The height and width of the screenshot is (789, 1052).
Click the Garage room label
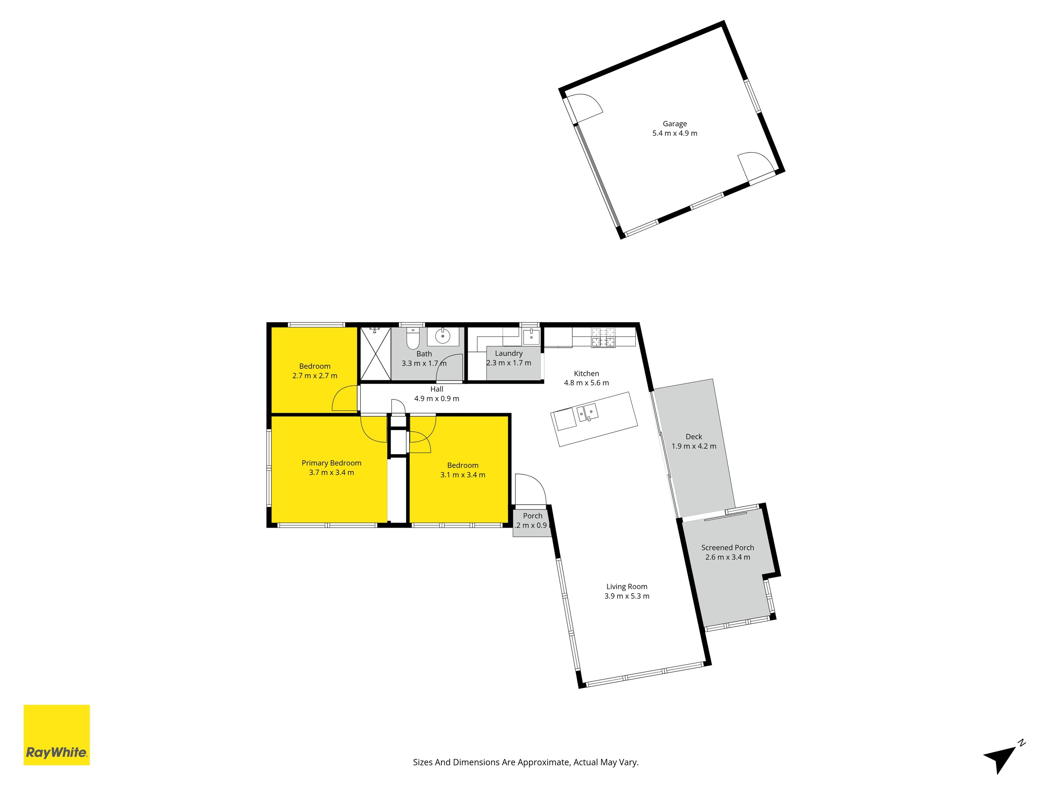coord(674,124)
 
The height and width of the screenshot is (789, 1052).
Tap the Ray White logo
coord(57,735)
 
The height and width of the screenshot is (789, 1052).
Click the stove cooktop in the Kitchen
coord(603,337)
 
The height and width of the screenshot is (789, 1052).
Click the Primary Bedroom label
coord(331,463)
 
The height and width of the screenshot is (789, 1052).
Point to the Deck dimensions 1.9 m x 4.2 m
coord(694,446)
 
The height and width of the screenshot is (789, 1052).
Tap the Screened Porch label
coord(727,547)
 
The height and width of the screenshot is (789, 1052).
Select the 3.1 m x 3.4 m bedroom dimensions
coord(462,475)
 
